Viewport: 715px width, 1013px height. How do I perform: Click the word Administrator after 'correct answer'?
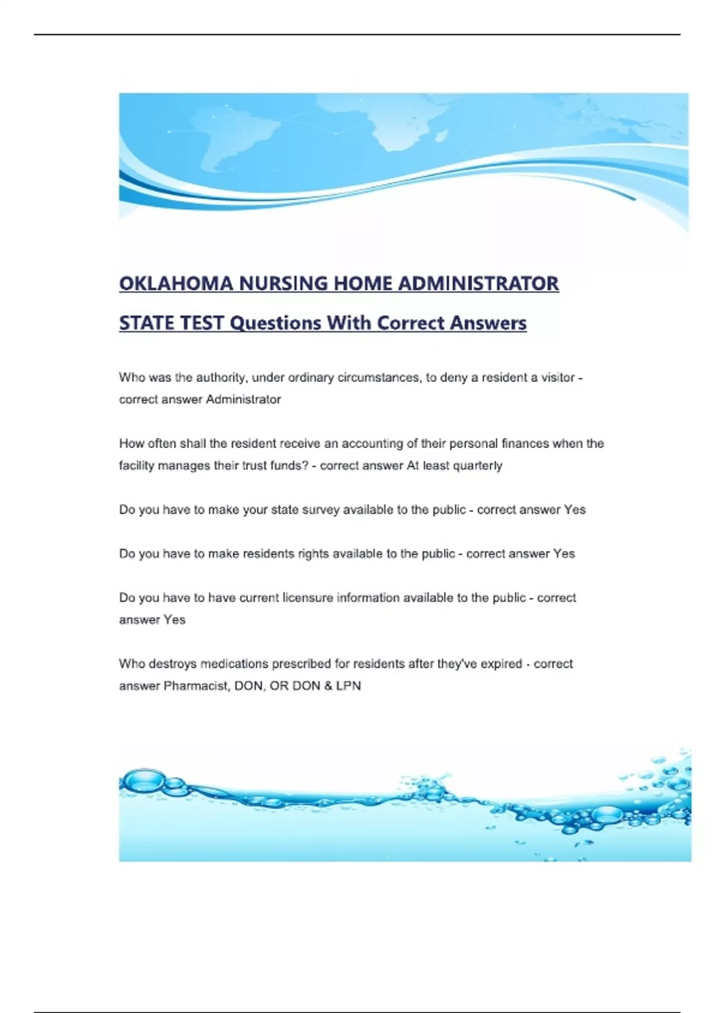(x=243, y=399)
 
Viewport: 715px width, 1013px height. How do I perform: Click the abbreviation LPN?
(x=349, y=686)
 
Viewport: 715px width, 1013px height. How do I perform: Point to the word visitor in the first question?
(x=558, y=377)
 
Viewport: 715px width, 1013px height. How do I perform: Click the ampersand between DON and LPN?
(x=328, y=686)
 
